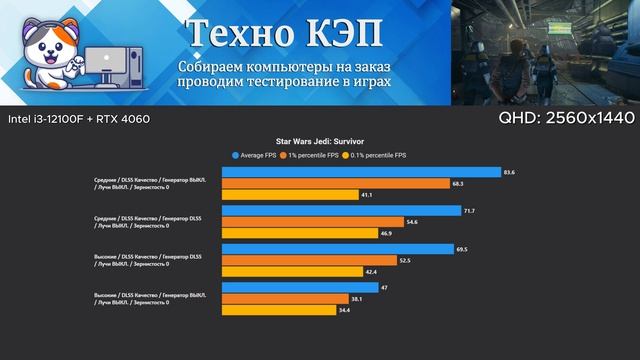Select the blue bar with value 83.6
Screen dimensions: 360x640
point(361,172)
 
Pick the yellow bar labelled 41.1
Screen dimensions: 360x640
point(291,196)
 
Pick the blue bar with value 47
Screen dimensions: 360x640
point(301,287)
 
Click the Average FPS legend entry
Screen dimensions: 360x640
point(257,155)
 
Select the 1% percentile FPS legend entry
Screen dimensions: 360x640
point(312,155)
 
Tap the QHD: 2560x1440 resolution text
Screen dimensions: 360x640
point(566,118)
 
